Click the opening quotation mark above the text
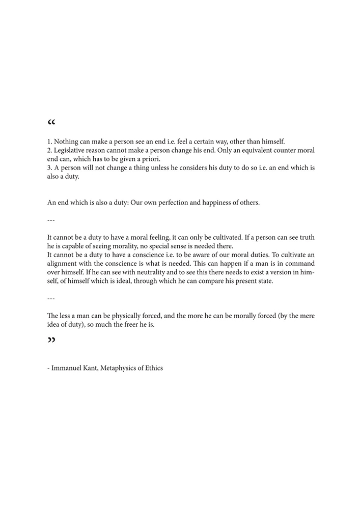tap(51, 123)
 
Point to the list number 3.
tap(49, 168)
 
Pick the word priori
tap(149, 159)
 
